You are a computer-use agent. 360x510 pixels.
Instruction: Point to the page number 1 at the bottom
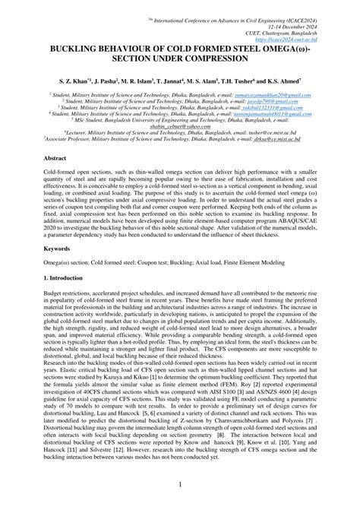click(x=180, y=484)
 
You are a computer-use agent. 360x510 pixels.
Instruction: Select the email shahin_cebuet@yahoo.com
click(x=179, y=128)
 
